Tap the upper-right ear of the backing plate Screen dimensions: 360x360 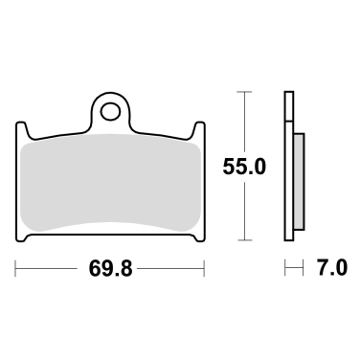pos(200,131)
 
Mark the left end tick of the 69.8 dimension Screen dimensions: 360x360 pos(16,270)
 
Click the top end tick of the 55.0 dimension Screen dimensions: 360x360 pos(246,93)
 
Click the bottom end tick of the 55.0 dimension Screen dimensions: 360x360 pos(246,239)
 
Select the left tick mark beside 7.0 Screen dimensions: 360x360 pos(285,270)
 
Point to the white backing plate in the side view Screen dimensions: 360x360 pos(288,168)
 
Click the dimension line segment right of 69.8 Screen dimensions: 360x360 pos(172,270)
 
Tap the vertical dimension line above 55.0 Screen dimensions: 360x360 pos(246,120)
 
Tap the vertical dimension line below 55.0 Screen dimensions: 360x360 pos(246,211)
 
